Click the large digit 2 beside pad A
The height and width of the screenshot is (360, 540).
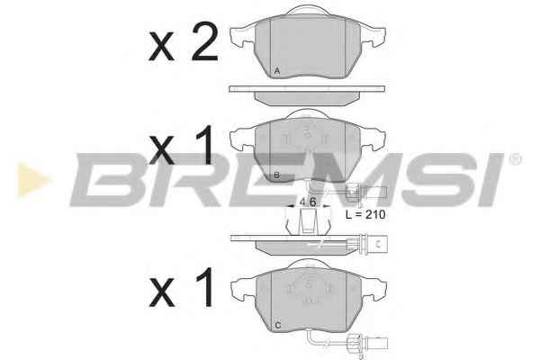[x=205, y=41]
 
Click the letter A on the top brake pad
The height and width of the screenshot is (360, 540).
[x=277, y=71]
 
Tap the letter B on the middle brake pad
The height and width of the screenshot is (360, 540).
[x=276, y=175]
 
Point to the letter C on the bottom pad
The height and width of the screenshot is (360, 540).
[x=278, y=325]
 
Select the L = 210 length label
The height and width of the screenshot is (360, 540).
[x=365, y=214]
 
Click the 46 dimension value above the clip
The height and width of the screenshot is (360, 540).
[x=308, y=202]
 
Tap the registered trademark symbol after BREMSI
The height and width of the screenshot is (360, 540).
[x=515, y=159]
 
